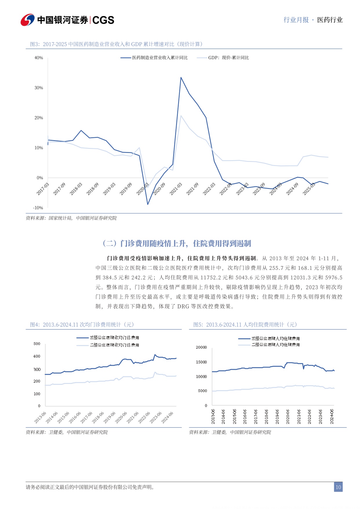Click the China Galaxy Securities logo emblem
click(x=28, y=20)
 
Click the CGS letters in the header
click(x=103, y=20)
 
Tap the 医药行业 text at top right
click(x=330, y=20)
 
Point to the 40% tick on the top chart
click(x=39, y=58)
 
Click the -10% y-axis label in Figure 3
click(x=38, y=208)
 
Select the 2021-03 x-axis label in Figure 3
click(x=176, y=189)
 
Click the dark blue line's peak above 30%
click(x=181, y=77)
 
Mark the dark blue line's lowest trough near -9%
click(x=148, y=204)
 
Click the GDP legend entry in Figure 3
click(x=228, y=58)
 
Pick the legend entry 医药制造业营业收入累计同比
click(x=160, y=58)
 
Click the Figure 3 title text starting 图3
click(x=116, y=44)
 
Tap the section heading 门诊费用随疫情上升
click(x=177, y=243)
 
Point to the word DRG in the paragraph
click(x=183, y=306)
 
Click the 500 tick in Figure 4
click(x=37, y=344)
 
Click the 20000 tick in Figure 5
click(x=201, y=347)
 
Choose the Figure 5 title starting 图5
click(x=245, y=325)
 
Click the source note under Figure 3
click(x=71, y=218)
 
